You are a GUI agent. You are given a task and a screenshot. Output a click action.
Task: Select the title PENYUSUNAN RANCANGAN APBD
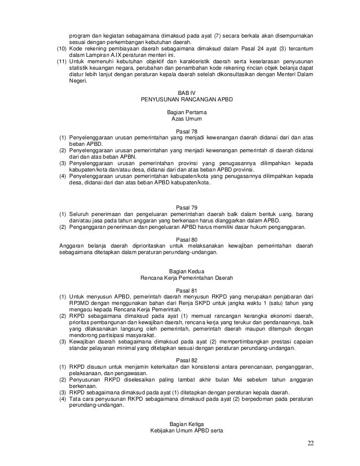(x=186, y=99)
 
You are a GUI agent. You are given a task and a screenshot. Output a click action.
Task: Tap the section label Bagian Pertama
(x=186, y=113)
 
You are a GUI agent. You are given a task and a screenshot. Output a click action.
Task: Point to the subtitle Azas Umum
(x=186, y=120)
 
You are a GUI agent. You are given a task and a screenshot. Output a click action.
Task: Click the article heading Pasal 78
(x=186, y=132)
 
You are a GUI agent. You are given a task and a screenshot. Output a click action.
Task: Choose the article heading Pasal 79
(x=186, y=208)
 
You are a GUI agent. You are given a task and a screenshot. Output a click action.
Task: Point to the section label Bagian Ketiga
(x=186, y=424)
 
